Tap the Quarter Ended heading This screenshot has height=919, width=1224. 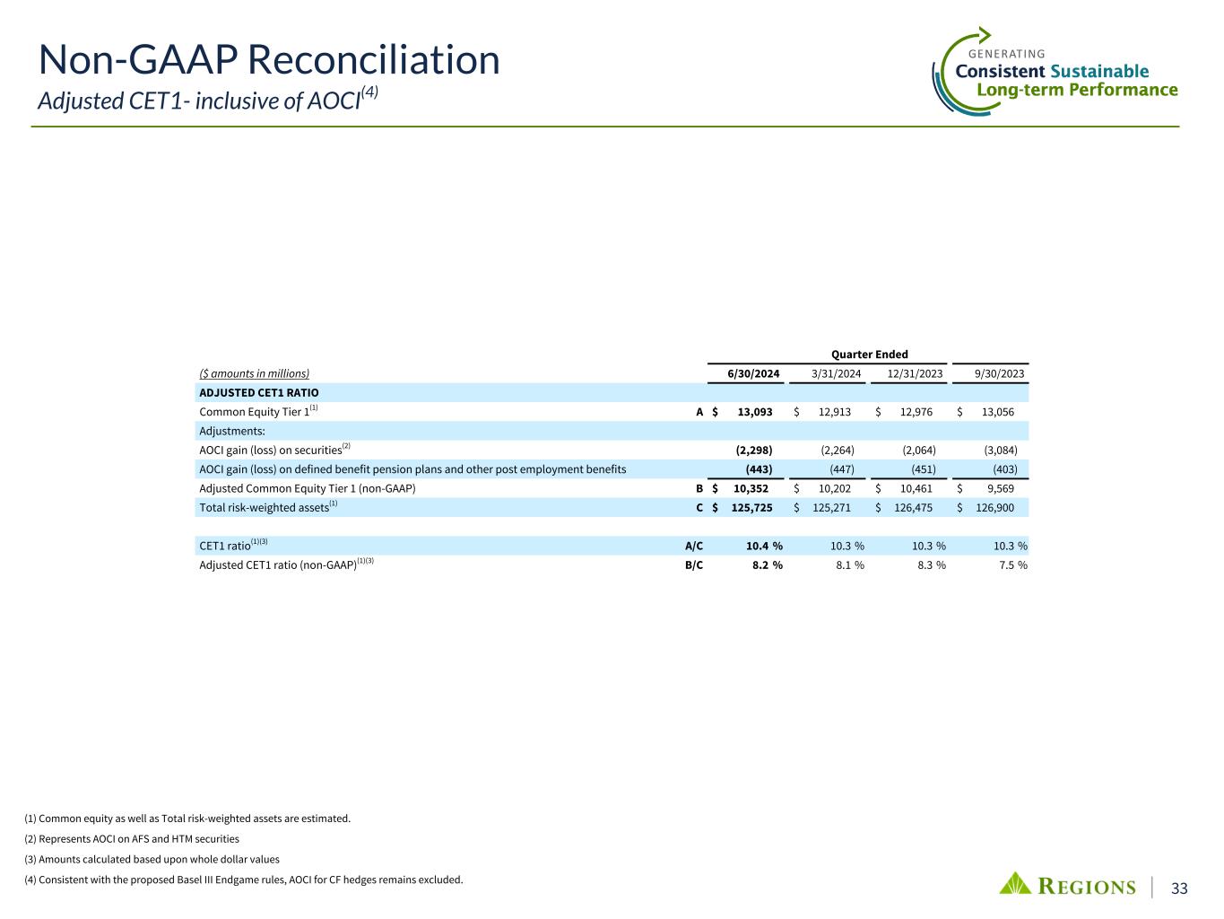tap(867, 354)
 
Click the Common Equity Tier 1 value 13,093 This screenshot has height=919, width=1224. tap(754, 412)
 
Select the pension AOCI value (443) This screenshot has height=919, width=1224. tap(759, 468)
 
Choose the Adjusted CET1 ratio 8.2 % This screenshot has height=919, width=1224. tap(764, 565)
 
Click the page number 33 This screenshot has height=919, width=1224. tap(1179, 888)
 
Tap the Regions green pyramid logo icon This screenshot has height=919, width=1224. tap(1016, 884)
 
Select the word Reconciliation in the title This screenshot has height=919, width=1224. tap(373, 60)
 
